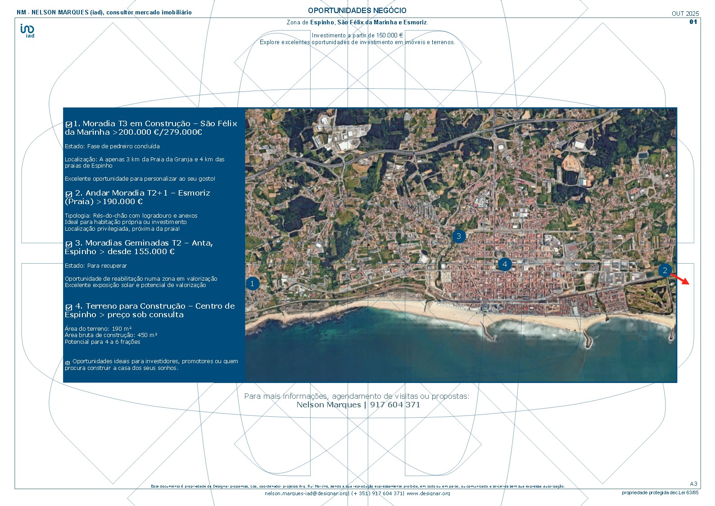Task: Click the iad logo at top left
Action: coord(27,30)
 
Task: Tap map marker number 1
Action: coord(253,283)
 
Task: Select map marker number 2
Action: coord(665,270)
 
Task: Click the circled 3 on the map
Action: coord(459,236)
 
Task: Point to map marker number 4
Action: coord(505,264)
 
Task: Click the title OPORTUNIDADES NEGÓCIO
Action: coord(357,10)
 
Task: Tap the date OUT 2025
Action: coord(685,14)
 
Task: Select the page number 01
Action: coord(693,22)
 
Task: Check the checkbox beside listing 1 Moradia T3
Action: coord(69,124)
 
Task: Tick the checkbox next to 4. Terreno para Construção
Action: coord(69,307)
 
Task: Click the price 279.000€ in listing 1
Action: coord(183,132)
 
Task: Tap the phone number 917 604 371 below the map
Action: coord(395,405)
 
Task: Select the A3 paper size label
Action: coord(693,484)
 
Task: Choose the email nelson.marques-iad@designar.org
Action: coord(307,493)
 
